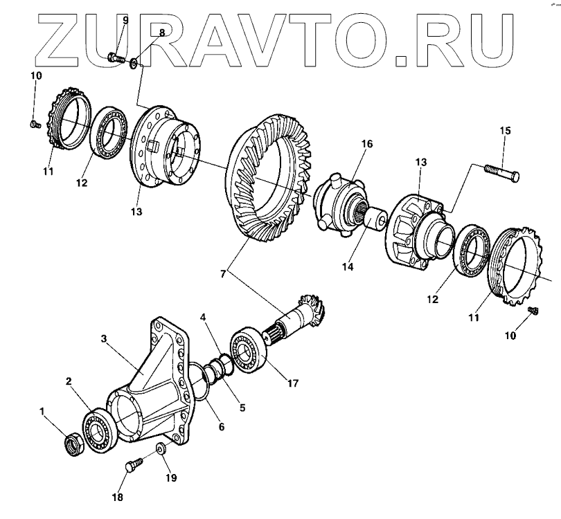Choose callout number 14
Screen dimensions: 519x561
tap(347, 265)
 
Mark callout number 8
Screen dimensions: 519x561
tap(161, 33)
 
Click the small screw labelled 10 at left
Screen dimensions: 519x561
tap(34, 124)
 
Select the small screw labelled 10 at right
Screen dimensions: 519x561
tap(533, 309)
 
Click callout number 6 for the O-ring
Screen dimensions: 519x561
tap(222, 427)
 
